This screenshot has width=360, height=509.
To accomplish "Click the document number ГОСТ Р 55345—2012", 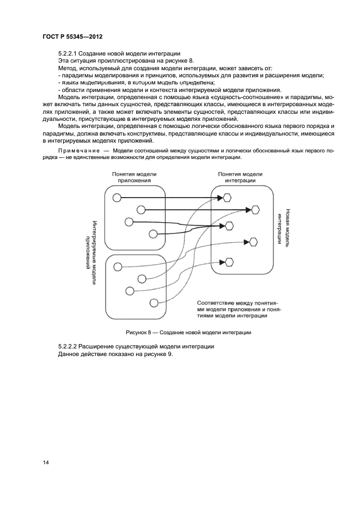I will point(72,36).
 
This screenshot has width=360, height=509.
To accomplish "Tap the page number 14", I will point(46,462).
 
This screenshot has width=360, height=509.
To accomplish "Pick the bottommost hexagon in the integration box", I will point(229,262).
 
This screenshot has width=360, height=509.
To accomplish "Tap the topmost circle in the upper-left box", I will point(117,198).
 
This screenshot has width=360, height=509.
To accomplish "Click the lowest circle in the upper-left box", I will point(154,234).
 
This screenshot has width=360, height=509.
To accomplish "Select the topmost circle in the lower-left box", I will point(117,266).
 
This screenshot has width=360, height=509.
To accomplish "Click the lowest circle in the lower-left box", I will point(154,303).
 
